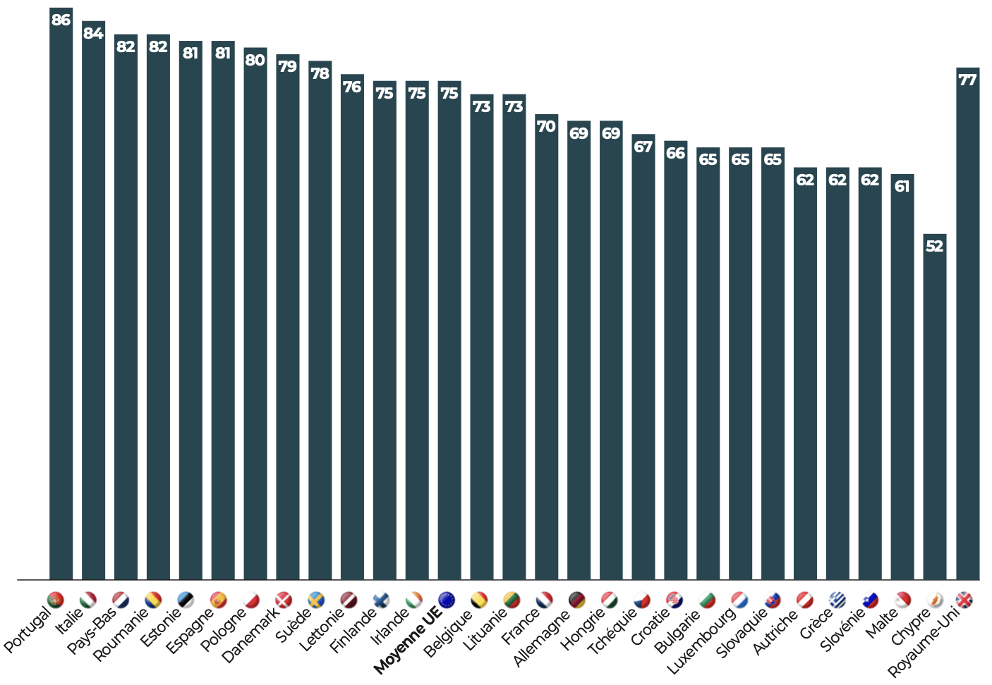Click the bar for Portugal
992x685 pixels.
pos(61,296)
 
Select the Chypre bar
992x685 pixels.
pos(934,409)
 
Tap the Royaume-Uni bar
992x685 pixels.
pos(967,324)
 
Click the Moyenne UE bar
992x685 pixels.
pos(449,331)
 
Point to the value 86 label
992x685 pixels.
pos(61,20)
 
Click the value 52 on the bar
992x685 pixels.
pos(934,246)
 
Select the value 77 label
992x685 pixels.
pos(967,80)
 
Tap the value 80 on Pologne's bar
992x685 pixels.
pos(255,60)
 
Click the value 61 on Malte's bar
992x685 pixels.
pos(902,186)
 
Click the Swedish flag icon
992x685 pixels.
pos(316,600)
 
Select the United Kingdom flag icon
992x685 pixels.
pos(964,600)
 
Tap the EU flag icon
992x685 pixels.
pos(446,600)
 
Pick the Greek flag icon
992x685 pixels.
pos(837,600)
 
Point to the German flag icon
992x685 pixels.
pos(576,600)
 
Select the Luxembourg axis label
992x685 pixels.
pos(701,641)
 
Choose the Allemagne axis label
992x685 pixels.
pos(541,638)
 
